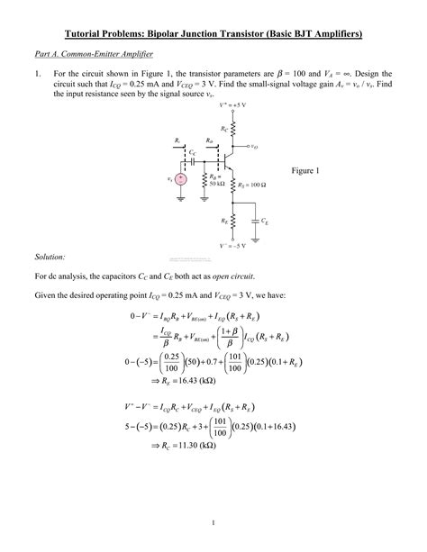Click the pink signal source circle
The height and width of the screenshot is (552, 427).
coord(182,179)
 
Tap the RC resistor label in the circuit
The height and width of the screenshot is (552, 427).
coord(224,131)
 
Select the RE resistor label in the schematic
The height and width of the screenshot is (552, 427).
coord(223,219)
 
